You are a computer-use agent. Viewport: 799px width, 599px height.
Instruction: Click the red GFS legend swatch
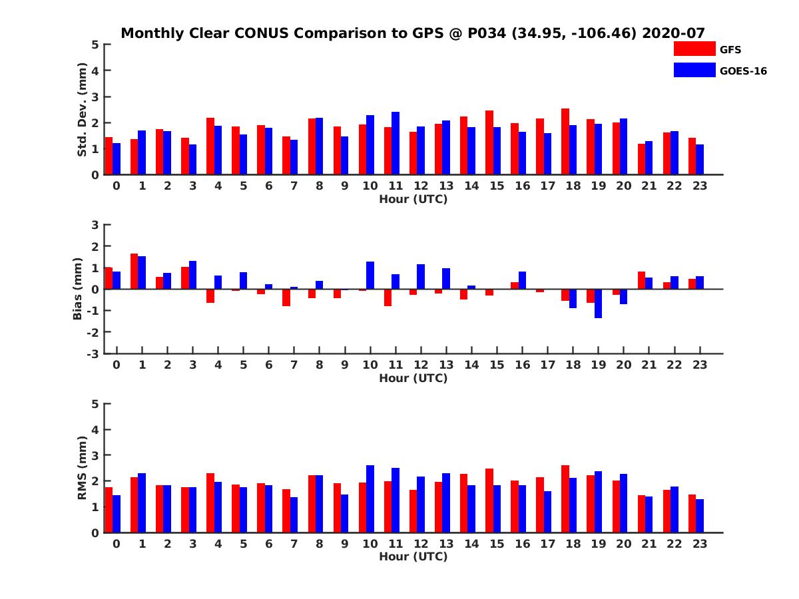click(694, 49)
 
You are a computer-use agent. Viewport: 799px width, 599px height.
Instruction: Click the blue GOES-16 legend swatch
click(694, 70)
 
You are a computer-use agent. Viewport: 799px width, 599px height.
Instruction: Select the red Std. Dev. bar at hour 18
click(565, 141)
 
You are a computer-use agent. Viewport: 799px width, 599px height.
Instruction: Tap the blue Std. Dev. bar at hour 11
click(396, 143)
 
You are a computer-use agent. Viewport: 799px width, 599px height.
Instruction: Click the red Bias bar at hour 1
click(134, 271)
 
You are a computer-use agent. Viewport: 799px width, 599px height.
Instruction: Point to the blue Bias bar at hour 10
click(370, 276)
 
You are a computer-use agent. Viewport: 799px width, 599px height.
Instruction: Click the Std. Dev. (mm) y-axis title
click(83, 109)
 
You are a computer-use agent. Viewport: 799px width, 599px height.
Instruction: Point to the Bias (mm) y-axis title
click(77, 289)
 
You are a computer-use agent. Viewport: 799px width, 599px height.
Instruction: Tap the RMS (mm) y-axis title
click(83, 468)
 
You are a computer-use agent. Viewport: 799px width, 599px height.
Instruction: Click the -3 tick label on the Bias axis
click(94, 353)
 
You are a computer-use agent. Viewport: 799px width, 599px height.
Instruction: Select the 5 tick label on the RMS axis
click(95, 404)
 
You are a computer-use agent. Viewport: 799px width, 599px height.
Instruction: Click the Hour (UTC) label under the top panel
click(413, 198)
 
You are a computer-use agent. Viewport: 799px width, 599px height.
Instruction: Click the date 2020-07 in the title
click(673, 33)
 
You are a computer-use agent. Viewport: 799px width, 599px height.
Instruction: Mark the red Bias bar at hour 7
click(286, 298)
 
